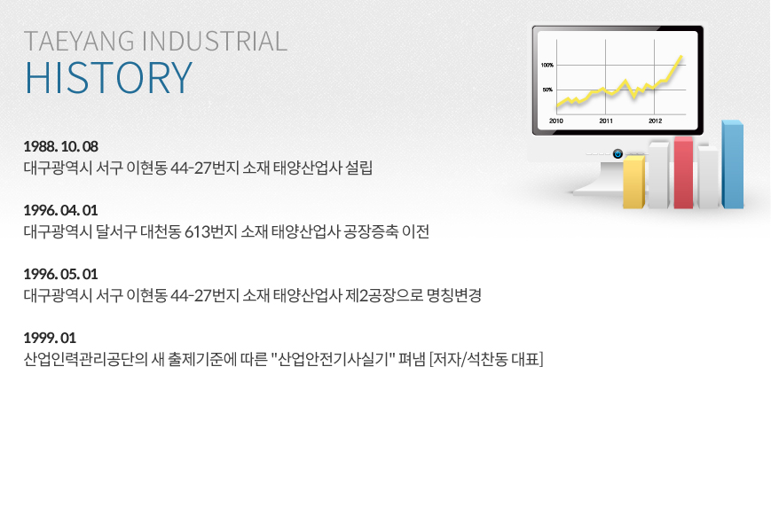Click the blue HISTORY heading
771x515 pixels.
(x=108, y=78)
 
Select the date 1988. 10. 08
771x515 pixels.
(x=61, y=146)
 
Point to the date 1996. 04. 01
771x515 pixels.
(x=61, y=210)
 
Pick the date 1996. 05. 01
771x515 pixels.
(x=61, y=274)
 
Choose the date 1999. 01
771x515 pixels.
(x=51, y=338)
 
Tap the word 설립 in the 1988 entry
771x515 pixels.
(x=359, y=168)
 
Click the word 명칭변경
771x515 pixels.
(x=454, y=295)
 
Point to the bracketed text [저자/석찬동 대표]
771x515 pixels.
(x=486, y=359)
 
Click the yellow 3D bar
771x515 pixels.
(x=633, y=183)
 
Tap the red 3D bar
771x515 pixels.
(x=683, y=173)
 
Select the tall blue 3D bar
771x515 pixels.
(x=733, y=164)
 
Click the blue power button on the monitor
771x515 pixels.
(x=618, y=154)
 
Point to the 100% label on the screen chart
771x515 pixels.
(x=547, y=65)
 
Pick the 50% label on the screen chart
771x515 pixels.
(x=547, y=90)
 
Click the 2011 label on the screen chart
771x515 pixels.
(x=606, y=121)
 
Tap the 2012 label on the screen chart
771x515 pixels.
(x=655, y=121)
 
